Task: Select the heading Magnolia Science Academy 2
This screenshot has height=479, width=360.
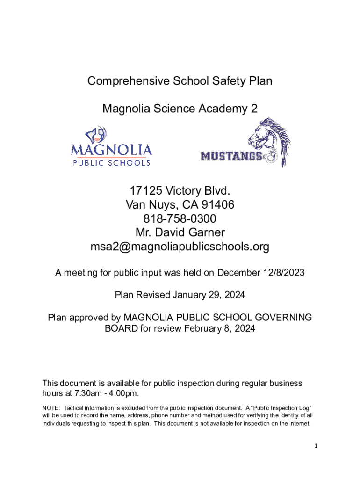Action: click(180, 109)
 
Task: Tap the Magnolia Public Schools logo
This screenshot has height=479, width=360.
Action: click(111, 145)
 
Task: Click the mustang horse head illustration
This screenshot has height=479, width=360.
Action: click(269, 140)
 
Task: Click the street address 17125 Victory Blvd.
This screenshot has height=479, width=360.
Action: click(180, 191)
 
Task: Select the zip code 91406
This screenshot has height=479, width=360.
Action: click(218, 205)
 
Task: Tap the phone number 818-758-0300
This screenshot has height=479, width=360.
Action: click(180, 219)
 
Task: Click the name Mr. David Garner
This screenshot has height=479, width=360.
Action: click(180, 232)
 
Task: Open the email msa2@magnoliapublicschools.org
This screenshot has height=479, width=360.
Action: click(180, 247)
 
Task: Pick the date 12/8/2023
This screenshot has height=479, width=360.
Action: click(285, 273)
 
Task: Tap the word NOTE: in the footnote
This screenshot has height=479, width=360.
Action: click(51, 408)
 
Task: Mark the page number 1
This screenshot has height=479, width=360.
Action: click(316, 446)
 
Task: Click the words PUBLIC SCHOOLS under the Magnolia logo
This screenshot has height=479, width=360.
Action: click(111, 163)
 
